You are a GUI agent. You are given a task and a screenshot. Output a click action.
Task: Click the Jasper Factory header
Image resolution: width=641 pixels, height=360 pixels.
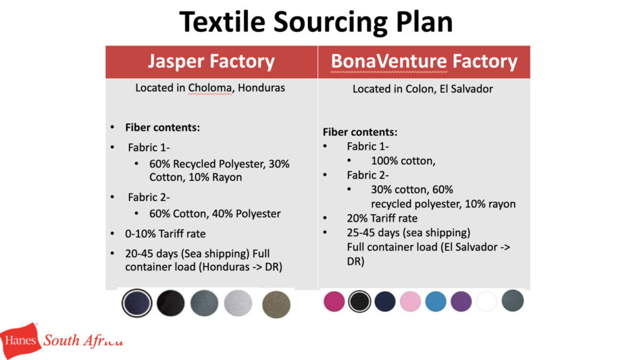(x=211, y=61)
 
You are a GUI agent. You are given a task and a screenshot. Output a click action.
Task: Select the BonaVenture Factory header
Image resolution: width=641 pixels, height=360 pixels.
(x=424, y=61)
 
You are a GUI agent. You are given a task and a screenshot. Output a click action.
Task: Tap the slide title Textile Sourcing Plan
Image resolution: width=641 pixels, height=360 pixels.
(x=316, y=22)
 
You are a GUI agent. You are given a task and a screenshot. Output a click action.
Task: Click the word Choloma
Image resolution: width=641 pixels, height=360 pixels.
(x=210, y=88)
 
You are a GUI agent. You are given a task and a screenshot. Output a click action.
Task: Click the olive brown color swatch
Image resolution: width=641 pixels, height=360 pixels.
(x=276, y=304)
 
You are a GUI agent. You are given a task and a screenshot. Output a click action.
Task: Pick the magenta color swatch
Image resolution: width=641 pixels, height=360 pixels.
(x=334, y=302)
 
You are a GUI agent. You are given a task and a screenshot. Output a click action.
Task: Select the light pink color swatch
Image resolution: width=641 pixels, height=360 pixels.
(x=410, y=302)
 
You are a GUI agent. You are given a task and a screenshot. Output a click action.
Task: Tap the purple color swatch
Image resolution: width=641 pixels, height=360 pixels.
(x=461, y=302)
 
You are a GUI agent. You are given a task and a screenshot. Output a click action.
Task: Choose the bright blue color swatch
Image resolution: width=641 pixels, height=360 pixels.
(x=436, y=302)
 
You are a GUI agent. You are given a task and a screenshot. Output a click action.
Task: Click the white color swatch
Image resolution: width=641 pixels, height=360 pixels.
(x=486, y=302)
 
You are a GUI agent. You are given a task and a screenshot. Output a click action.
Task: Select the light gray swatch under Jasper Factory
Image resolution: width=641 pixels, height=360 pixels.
(x=238, y=303)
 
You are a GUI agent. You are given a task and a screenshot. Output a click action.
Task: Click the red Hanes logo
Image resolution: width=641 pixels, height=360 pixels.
(x=20, y=340)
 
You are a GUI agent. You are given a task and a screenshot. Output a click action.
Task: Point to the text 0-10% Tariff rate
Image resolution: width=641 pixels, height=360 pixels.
(x=165, y=234)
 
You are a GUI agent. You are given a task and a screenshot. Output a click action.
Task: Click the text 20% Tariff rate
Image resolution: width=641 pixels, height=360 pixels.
(x=382, y=218)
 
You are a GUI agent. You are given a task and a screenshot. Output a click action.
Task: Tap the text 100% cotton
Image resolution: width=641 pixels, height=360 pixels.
(x=403, y=161)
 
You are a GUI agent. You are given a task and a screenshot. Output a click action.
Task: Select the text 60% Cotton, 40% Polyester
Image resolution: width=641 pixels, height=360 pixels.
(x=215, y=213)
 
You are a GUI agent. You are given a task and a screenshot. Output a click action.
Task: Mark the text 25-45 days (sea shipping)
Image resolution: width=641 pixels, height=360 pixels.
(x=409, y=233)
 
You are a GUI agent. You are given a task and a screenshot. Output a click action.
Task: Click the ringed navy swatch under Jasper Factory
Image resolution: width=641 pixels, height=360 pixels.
(x=137, y=303)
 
